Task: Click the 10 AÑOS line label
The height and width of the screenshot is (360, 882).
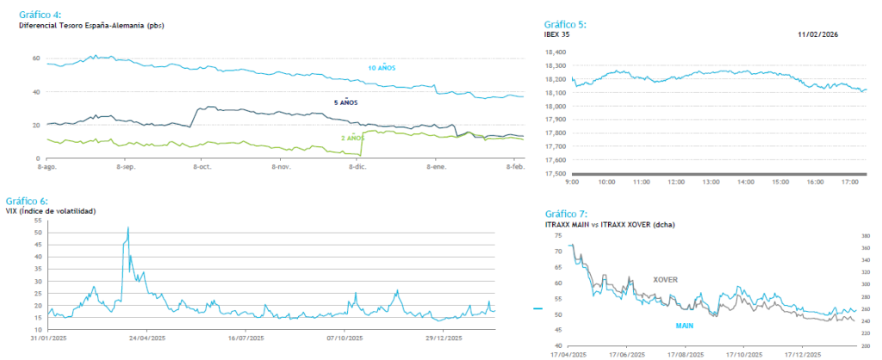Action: (382, 67)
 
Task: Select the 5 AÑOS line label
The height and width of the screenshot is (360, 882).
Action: (345, 102)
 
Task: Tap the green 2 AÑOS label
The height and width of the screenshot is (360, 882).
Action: (352, 138)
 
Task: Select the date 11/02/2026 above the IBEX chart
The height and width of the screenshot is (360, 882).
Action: (817, 34)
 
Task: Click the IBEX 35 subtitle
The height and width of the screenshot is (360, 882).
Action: (557, 34)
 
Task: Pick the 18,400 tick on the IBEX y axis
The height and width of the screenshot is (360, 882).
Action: (555, 52)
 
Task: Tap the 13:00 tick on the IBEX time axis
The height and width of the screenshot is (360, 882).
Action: (711, 183)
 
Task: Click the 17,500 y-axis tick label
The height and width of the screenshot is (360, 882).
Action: (555, 173)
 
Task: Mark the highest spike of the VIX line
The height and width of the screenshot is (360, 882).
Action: (128, 227)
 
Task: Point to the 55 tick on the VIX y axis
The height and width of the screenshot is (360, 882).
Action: (37, 220)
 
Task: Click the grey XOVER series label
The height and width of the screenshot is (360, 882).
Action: (665, 280)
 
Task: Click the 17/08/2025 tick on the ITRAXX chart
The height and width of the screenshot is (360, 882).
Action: (686, 354)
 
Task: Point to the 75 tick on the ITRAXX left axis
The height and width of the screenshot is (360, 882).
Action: (559, 234)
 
